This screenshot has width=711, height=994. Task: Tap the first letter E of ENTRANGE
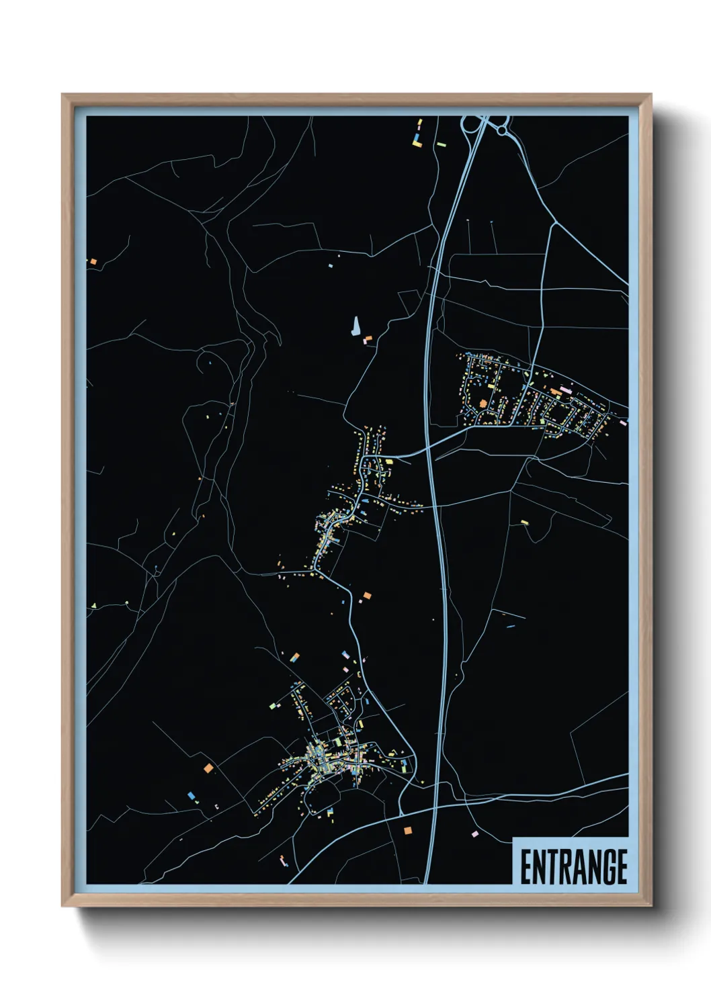[526, 867]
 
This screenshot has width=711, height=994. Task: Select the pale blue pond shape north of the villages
[354, 326]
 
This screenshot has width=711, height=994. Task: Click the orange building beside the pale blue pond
[367, 341]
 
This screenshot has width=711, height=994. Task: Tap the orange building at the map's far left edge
[93, 261]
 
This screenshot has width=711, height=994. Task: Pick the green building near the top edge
[441, 143]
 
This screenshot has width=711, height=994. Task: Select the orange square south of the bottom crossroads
[407, 831]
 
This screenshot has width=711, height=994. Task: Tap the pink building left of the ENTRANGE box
[475, 833]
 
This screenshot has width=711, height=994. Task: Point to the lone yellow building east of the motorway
[525, 522]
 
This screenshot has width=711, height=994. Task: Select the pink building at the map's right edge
[624, 422]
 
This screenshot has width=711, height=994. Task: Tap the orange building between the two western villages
[367, 595]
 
